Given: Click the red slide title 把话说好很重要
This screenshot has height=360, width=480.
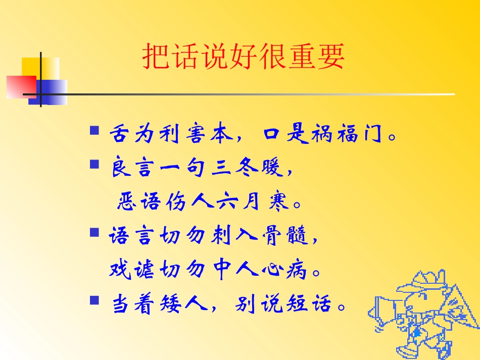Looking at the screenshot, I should [x=244, y=56].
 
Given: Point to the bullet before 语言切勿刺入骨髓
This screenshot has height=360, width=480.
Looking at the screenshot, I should [x=94, y=233].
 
